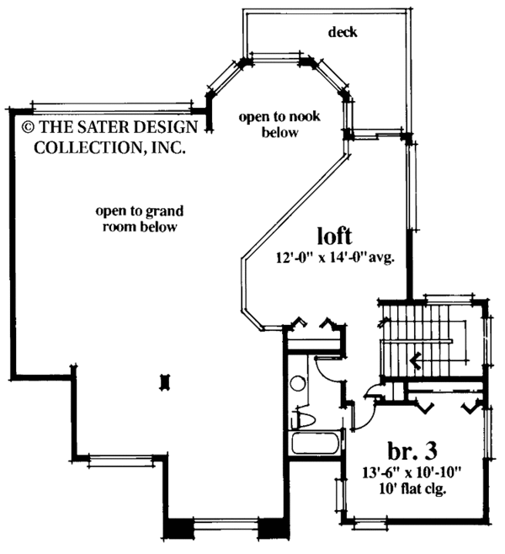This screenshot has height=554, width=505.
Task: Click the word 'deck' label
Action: point(344,33)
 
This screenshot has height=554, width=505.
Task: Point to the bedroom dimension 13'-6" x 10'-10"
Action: point(413,473)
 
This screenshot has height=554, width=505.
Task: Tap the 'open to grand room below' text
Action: point(140,219)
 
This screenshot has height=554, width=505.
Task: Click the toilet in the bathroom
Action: point(303,418)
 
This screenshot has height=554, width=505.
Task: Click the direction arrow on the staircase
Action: point(415,362)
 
